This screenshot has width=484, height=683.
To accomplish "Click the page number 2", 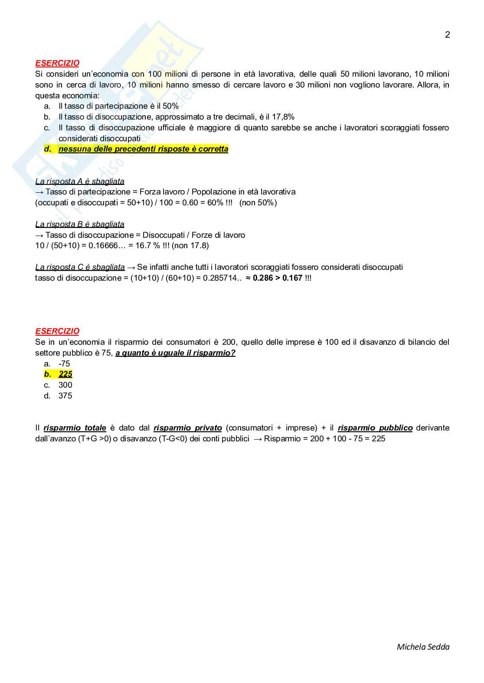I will coord(448,35).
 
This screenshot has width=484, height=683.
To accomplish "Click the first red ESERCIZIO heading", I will coord(57,63).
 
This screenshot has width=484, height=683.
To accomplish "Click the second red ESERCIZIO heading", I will coord(57,331).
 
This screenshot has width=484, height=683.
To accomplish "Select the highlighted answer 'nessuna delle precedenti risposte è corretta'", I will coord(143,149).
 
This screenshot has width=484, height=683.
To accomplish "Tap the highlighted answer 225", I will coord(65,374).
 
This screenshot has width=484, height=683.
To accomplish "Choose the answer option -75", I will coord(64,364).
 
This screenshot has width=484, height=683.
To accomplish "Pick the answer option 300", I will coord(65,385).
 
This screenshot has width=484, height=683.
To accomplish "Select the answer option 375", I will coord(65,396).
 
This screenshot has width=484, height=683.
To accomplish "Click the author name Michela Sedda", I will coord(423,647).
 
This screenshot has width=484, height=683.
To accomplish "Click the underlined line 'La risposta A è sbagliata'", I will coord(80,181).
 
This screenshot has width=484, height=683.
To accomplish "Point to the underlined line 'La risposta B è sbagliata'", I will coord(80,224).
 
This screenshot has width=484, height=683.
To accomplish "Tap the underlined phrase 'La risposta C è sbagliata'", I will coord(80,267).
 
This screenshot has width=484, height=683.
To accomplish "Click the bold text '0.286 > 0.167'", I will coord(278,278).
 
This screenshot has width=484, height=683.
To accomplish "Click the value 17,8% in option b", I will coord(283,117).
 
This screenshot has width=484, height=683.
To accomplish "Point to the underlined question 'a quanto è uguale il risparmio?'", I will coord(175,353).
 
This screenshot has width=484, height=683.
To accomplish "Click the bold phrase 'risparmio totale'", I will coord(75,428).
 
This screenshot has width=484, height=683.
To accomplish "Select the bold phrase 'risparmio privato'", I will coord(188,428).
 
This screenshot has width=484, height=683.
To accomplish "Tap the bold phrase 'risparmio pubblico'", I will coord(375,428).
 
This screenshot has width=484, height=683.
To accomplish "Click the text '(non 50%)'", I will coord(258,203).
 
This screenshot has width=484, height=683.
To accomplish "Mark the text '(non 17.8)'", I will coord(190,246).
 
